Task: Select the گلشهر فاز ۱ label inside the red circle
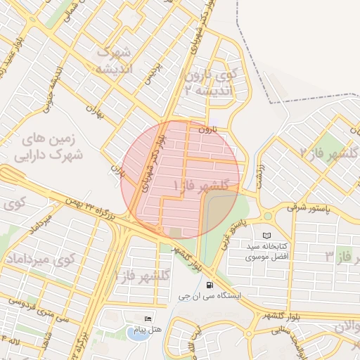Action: point(202,185)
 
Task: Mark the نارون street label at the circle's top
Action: point(203,129)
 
